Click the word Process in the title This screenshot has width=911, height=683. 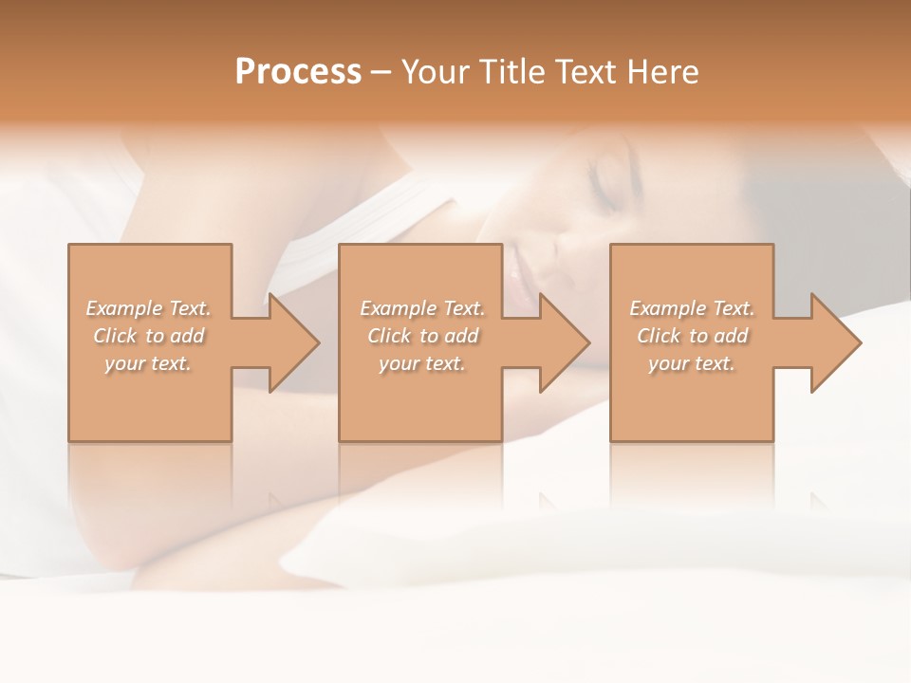[298, 72]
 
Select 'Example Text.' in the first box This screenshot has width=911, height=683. [148, 308]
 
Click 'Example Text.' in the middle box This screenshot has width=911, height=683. [421, 308]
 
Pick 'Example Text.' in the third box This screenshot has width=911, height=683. [692, 308]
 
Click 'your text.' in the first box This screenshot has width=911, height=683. [148, 363]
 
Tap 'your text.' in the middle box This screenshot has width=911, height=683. [421, 363]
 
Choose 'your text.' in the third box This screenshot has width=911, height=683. [692, 363]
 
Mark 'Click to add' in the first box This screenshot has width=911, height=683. [148, 336]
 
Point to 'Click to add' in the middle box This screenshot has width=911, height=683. [421, 336]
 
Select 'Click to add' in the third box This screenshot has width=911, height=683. [692, 336]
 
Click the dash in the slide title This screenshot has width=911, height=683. [381, 72]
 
